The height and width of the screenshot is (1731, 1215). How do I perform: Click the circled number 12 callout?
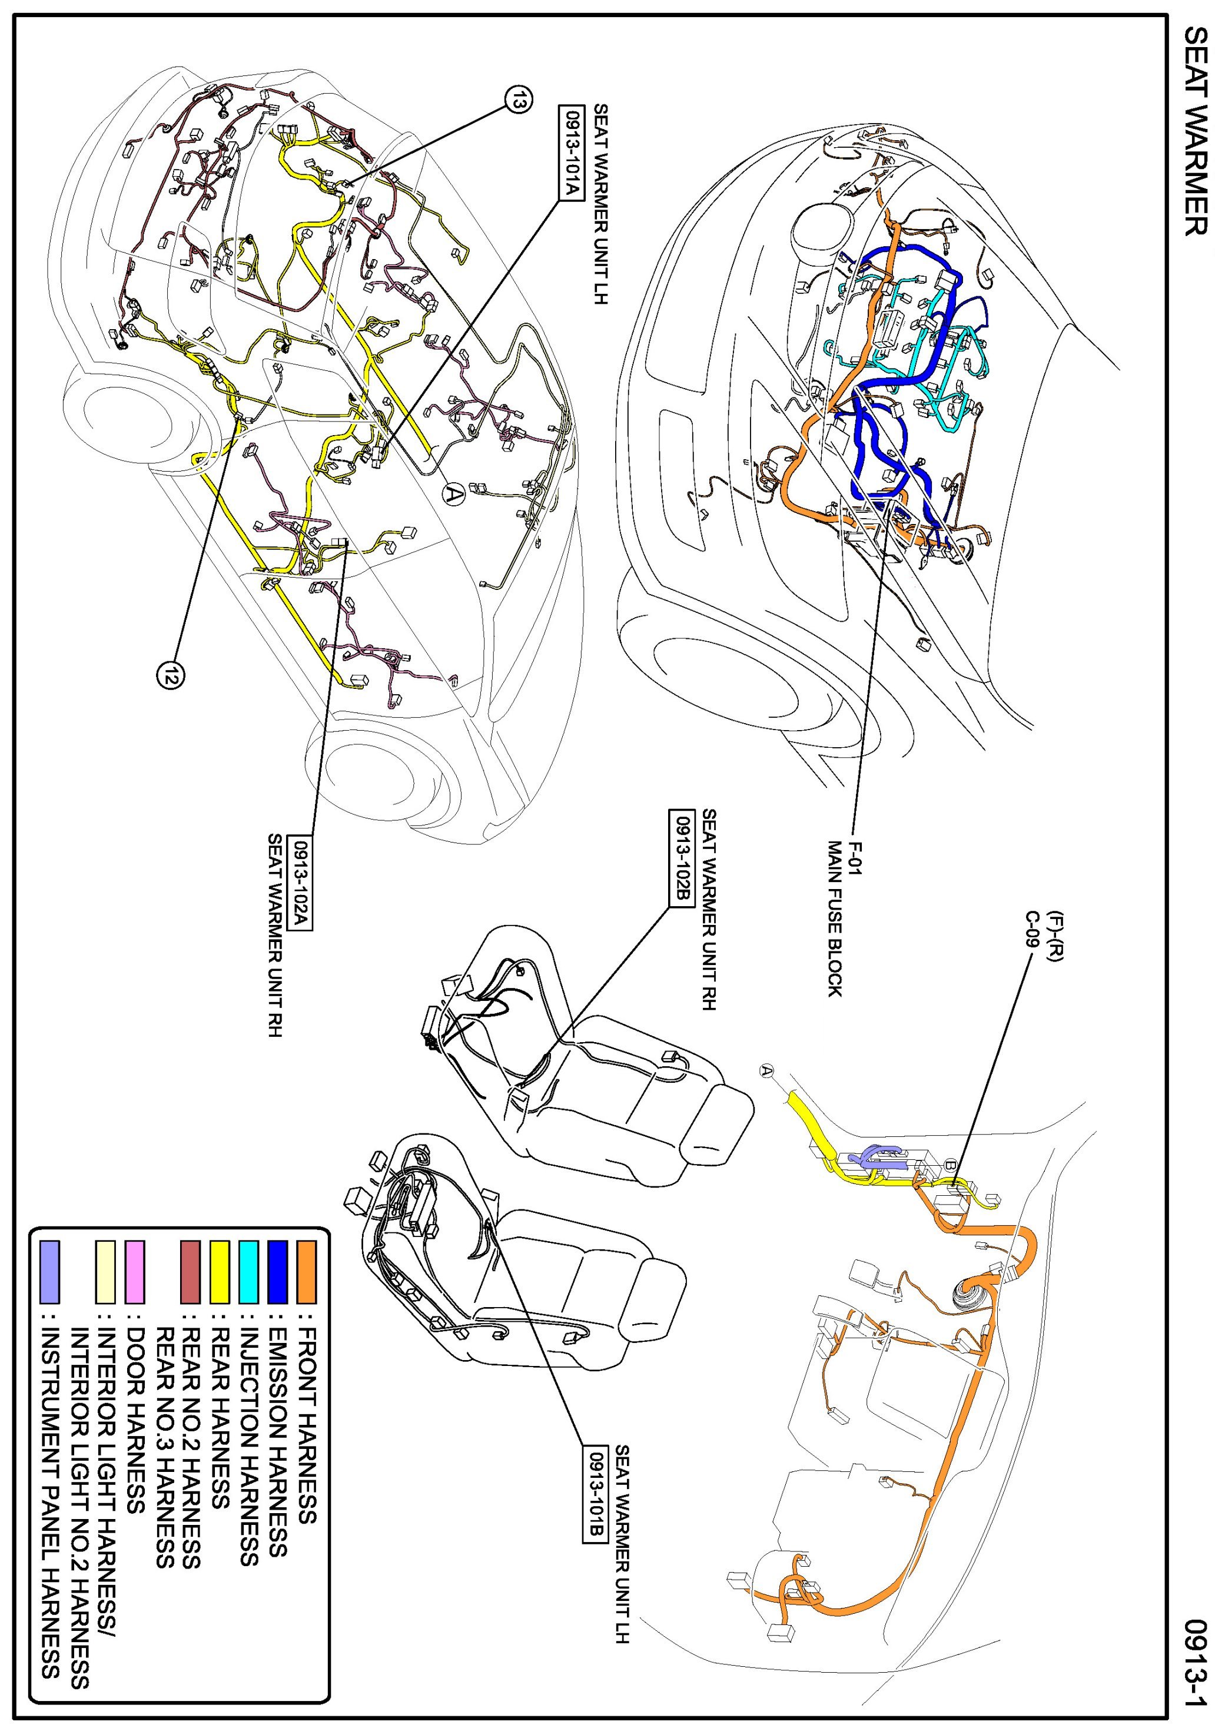(x=170, y=675)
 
